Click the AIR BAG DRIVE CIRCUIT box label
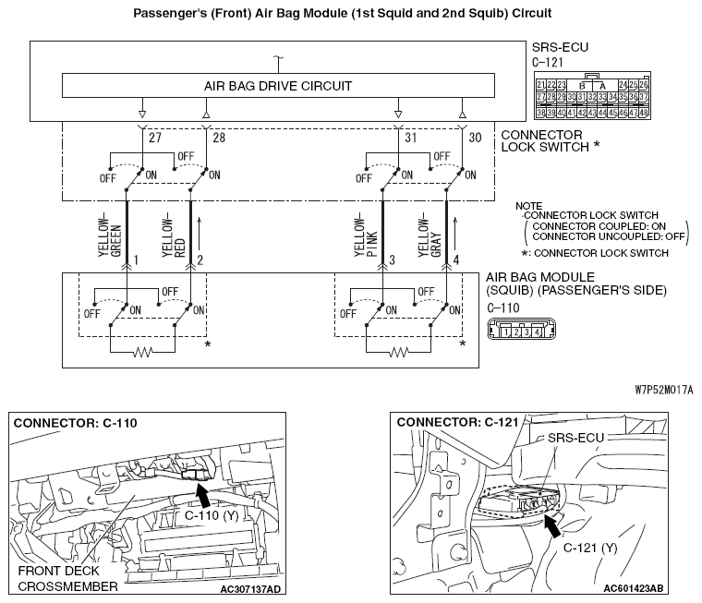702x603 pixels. [278, 86]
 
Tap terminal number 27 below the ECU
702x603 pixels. [153, 138]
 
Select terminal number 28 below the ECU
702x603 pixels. [219, 138]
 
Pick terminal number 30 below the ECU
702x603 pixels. [476, 138]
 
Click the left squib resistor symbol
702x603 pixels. [142, 352]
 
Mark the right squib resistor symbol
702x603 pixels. [398, 352]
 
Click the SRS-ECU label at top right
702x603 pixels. [560, 46]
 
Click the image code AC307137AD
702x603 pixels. [250, 587]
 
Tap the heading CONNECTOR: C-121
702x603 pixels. [442, 423]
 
